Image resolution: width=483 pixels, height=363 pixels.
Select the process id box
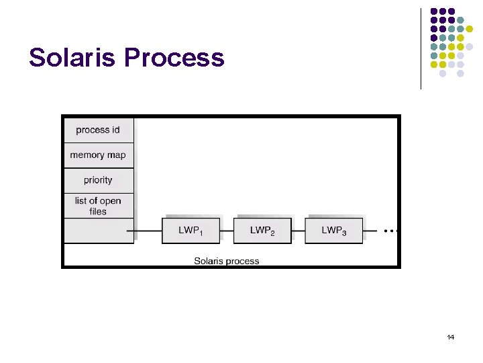click(98, 130)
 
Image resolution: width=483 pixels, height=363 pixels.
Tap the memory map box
click(98, 155)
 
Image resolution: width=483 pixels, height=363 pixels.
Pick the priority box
click(98, 180)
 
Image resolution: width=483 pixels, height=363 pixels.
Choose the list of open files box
click(98, 206)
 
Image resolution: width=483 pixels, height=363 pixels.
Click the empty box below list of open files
click(98, 231)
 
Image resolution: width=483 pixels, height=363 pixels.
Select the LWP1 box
click(190, 231)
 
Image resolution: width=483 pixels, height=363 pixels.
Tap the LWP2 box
click(262, 231)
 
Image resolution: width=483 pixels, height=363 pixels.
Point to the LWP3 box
click(333, 231)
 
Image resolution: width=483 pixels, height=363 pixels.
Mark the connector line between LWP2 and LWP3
click(299, 231)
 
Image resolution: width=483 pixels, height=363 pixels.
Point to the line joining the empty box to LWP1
click(148, 231)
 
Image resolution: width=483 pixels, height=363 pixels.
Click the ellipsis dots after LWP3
click(392, 231)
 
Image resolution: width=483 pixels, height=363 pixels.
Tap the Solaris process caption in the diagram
click(227, 261)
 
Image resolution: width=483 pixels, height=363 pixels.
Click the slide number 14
click(450, 337)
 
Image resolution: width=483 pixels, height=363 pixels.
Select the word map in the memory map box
click(117, 155)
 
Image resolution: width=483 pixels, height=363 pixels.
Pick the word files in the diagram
click(98, 211)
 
